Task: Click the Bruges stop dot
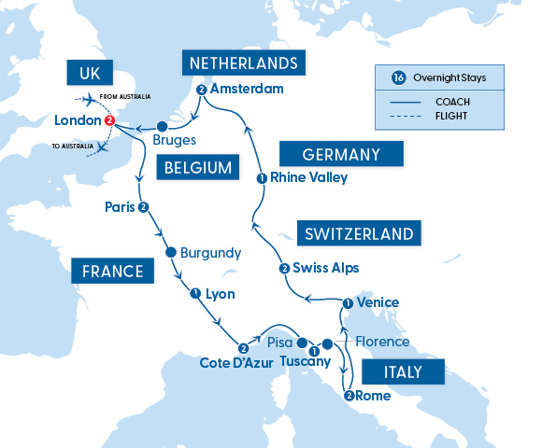click(x=161, y=126)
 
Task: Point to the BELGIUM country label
click(x=195, y=168)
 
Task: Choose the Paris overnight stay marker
click(x=143, y=206)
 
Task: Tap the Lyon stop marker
click(x=195, y=293)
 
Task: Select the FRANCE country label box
click(x=111, y=272)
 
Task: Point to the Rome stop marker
click(x=349, y=395)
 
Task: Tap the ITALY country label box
click(x=403, y=372)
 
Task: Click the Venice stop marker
click(x=348, y=302)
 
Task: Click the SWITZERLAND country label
click(x=358, y=231)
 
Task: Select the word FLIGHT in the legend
click(x=451, y=117)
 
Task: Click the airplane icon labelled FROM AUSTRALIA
click(x=91, y=99)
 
